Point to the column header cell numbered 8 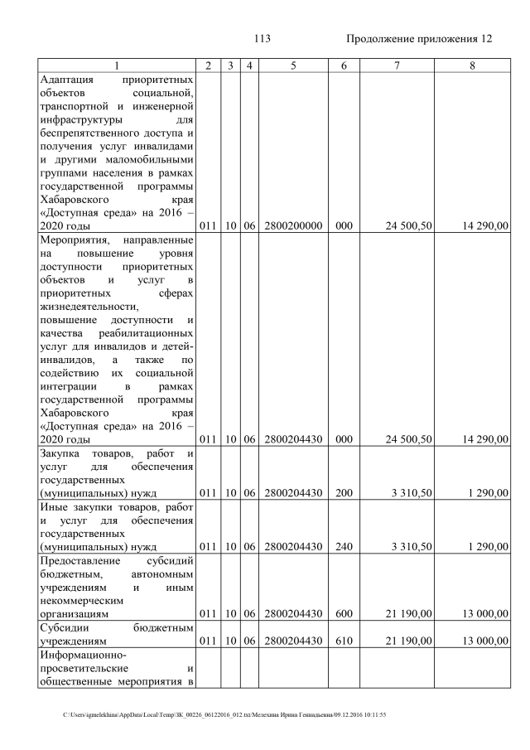click(471, 65)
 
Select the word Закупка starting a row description click(61, 453)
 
